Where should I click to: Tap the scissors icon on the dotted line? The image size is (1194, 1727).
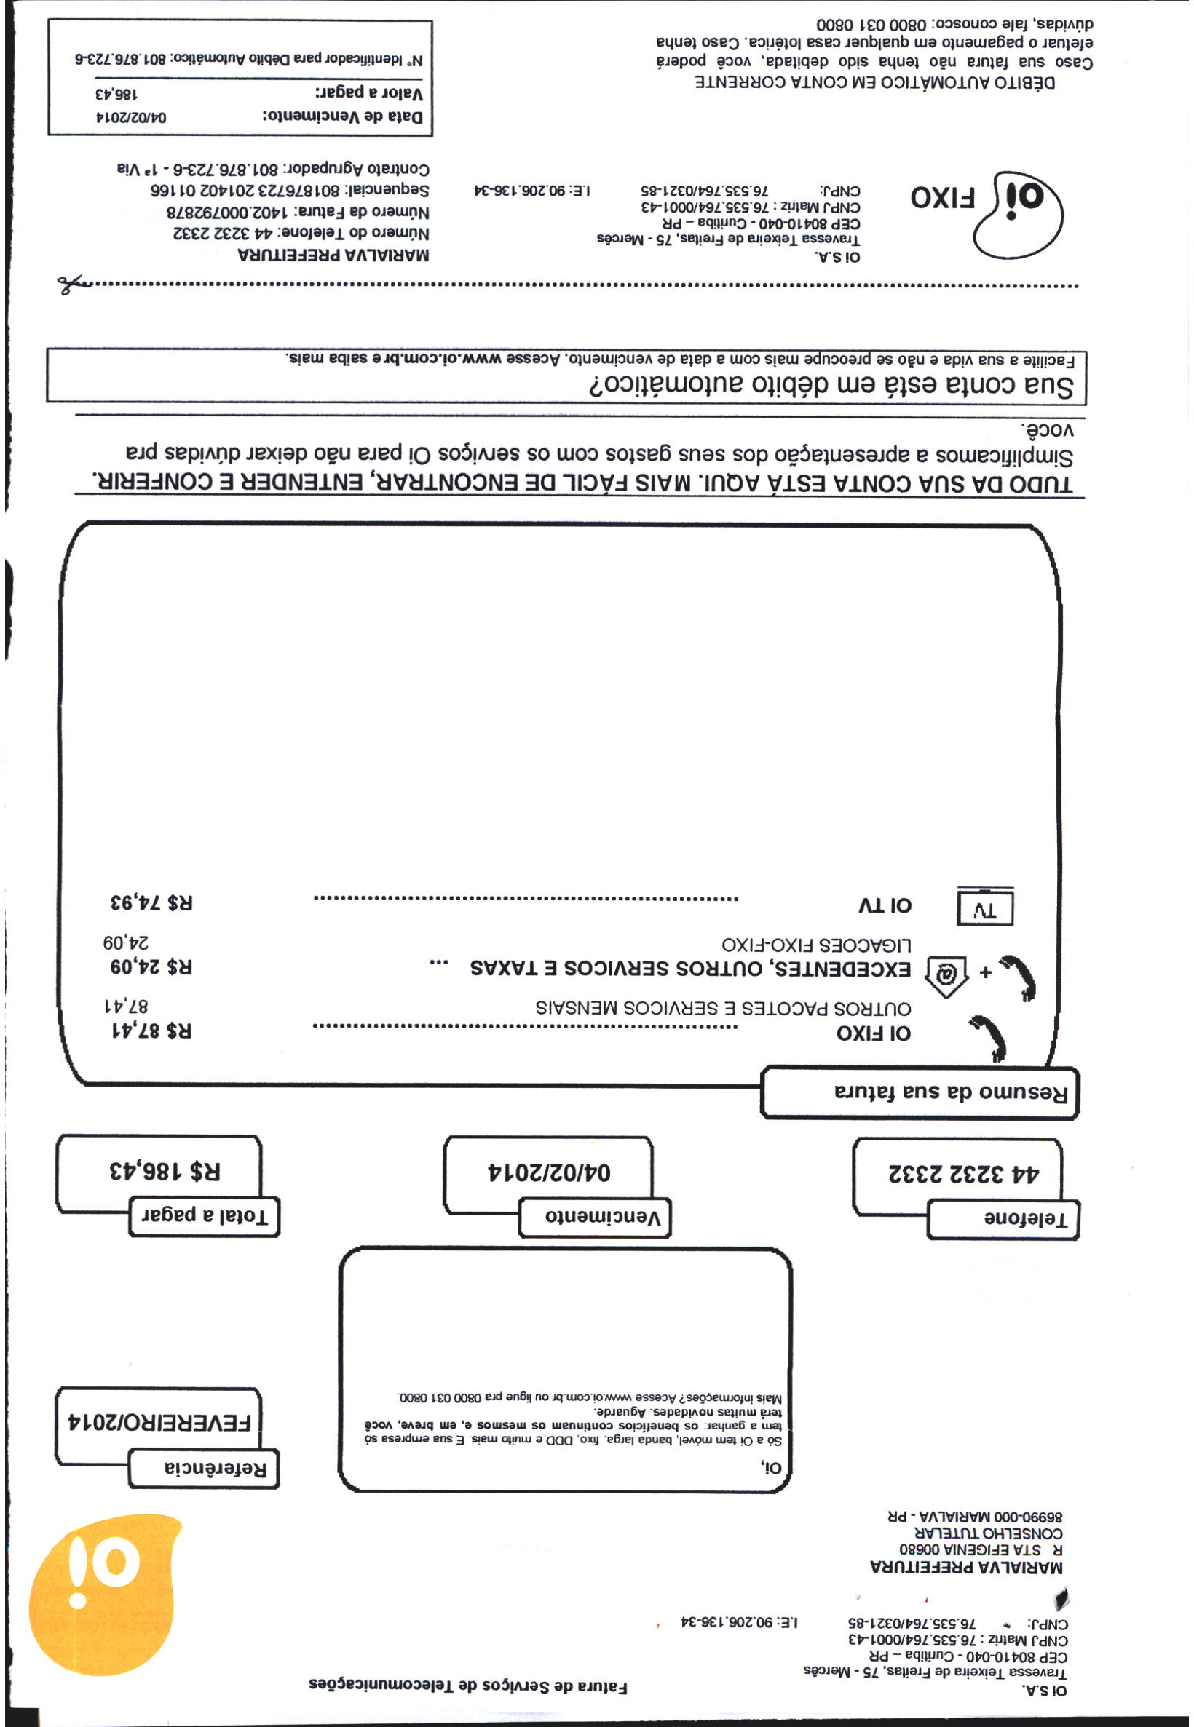point(72,284)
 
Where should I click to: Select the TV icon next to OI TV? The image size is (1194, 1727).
point(985,908)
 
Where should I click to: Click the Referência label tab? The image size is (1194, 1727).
point(203,1469)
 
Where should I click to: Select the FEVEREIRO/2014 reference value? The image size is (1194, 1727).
point(159,1421)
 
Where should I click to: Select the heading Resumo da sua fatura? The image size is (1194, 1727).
point(920,1093)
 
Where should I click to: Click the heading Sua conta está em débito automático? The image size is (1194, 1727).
point(831,386)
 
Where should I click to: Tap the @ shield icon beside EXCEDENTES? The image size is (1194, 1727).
point(946,975)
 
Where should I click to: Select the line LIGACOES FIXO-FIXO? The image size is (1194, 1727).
point(816,944)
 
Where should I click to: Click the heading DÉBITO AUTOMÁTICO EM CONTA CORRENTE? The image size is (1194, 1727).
point(875,82)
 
